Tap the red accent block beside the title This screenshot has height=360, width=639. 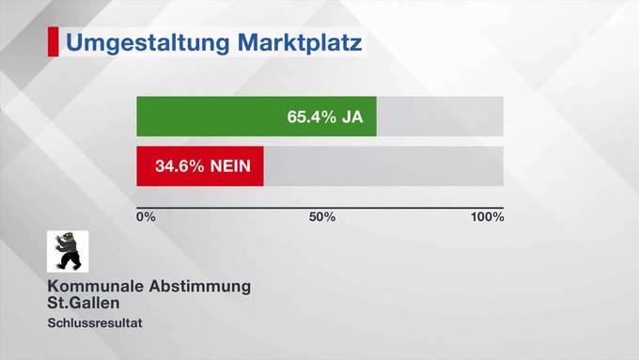[x=53, y=42]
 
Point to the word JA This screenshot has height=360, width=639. [x=352, y=117]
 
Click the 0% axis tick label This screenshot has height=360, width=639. [x=146, y=217]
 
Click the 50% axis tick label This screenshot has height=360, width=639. [x=322, y=217]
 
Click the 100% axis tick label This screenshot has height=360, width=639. [x=487, y=217]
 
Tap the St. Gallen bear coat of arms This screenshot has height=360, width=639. [x=68, y=252]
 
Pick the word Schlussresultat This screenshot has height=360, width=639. [x=94, y=323]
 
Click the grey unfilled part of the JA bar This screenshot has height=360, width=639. [x=440, y=117]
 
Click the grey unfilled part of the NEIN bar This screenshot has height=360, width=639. [x=383, y=166]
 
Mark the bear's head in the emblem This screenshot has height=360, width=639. [x=63, y=241]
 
